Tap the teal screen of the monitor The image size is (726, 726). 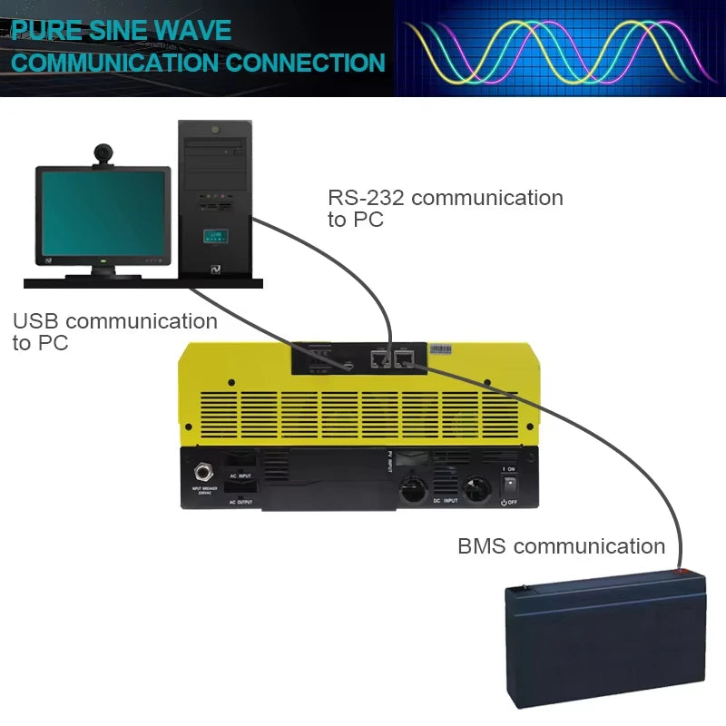103,214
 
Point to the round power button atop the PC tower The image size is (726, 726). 214,130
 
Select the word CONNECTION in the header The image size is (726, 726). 305,63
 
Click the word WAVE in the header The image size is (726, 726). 193,29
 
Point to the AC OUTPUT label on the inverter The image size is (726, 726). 240,502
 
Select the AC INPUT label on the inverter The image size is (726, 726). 240,475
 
